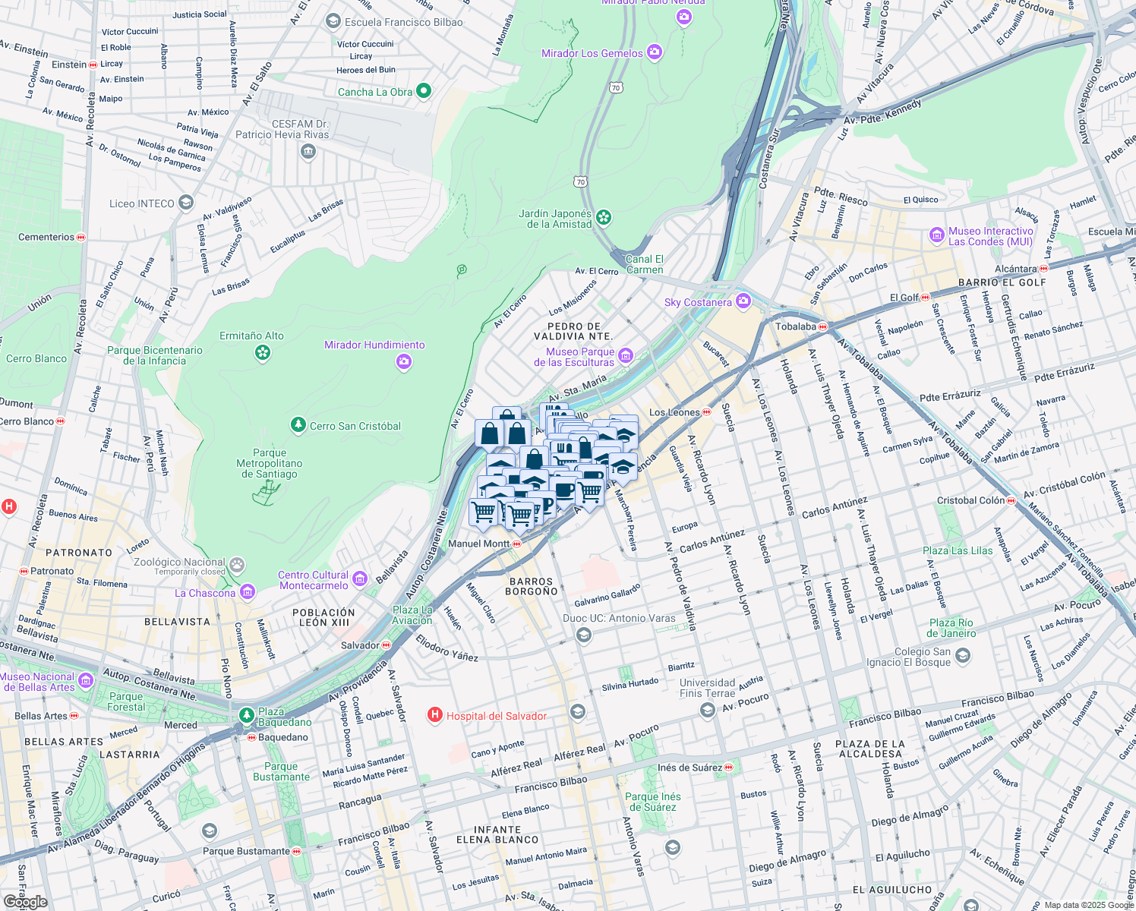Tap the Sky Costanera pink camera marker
coord(743,301)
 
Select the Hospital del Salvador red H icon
coord(435,715)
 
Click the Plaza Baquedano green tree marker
coord(247,715)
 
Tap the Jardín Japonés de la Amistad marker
coord(604,218)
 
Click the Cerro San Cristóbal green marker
coord(298,425)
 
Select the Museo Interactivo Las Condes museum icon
coord(937,235)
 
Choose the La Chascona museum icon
coord(247,592)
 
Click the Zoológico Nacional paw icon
coord(238,565)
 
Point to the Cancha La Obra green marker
coord(424,91)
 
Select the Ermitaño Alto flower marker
coord(263,353)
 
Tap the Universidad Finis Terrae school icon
coord(708,710)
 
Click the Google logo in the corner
coord(25,901)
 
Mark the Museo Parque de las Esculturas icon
coord(626,355)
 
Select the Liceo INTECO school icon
coord(186,203)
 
